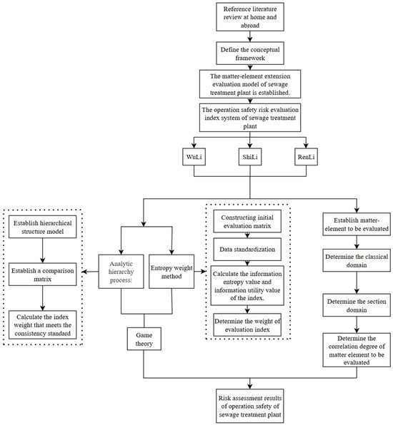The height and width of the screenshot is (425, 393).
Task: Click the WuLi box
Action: (194, 157)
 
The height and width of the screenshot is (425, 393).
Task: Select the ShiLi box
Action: (250, 157)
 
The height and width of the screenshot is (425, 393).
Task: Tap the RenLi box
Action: (306, 157)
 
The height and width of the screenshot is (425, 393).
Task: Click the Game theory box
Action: (144, 339)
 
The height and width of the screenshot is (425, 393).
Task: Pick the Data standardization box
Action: (247, 250)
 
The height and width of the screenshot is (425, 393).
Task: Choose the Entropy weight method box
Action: (171, 271)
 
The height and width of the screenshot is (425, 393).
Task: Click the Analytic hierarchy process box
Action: (121, 271)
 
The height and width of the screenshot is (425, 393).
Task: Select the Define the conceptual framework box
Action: (250, 53)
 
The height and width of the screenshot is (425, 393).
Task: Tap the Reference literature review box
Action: (250, 17)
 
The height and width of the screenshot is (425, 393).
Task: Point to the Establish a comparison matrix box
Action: (42, 274)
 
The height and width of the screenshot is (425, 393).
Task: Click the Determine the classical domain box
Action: (357, 260)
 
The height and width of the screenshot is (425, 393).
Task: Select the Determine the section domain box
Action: (357, 305)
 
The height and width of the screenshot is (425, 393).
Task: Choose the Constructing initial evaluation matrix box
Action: (247, 221)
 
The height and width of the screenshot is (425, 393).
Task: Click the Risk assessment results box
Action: (250, 406)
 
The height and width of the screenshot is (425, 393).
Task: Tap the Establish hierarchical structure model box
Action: (42, 227)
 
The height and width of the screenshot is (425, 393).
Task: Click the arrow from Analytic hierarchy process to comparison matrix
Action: (90, 272)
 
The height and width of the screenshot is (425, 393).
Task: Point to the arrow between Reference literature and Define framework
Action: (250, 36)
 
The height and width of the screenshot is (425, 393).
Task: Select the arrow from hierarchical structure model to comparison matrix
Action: (42, 250)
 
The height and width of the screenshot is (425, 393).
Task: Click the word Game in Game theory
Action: (144, 335)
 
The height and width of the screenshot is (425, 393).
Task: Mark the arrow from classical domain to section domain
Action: (357, 282)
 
